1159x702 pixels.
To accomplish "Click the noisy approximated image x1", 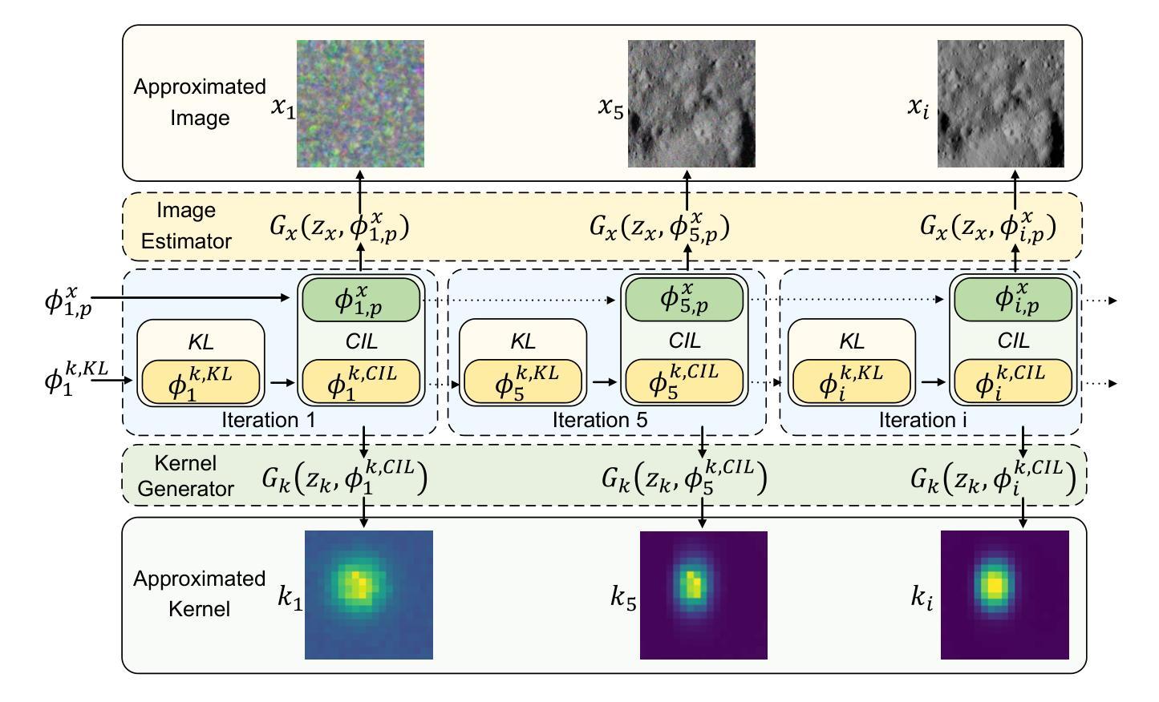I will click(x=360, y=103).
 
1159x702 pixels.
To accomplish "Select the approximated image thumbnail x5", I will click(x=691, y=103).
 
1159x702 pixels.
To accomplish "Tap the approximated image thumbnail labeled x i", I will click(x=1001, y=103).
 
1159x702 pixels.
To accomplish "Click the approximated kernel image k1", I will click(x=369, y=595).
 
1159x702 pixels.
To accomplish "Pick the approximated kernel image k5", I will click(x=703, y=595).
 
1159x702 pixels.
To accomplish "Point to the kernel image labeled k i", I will click(x=1005, y=595).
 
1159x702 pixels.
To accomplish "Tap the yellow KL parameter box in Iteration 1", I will click(x=201, y=382).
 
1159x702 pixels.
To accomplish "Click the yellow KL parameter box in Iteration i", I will click(x=851, y=382).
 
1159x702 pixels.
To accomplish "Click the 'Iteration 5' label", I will click(x=600, y=419).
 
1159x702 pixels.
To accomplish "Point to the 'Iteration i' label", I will click(x=929, y=419).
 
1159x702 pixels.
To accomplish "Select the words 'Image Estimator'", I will click(x=186, y=225).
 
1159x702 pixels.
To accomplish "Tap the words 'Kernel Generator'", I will click(x=186, y=475).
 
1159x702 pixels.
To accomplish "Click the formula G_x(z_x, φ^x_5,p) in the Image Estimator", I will click(x=659, y=227).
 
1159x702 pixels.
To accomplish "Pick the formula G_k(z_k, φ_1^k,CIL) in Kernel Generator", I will click(x=344, y=478).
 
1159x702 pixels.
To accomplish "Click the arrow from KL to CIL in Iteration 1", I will click(x=282, y=383).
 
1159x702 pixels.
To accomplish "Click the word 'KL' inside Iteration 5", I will click(x=523, y=342).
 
